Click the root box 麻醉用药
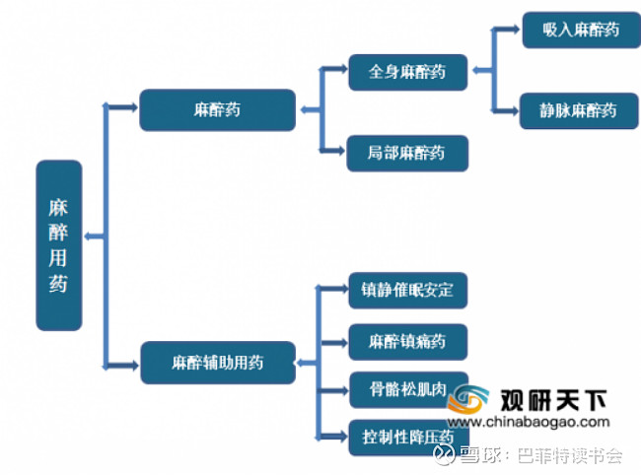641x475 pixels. point(59,245)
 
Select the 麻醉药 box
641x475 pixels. point(218,109)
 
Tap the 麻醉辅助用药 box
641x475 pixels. point(218,363)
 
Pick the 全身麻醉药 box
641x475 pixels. point(408,72)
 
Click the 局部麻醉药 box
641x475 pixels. point(407,153)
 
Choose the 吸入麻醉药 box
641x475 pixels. point(581,30)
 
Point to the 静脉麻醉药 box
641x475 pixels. point(579,110)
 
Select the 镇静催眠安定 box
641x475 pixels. point(408,291)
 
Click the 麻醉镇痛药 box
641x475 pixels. point(408,342)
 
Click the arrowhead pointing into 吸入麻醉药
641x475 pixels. point(514,30)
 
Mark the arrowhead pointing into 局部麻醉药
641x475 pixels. point(339,151)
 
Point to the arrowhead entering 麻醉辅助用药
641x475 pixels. point(133,366)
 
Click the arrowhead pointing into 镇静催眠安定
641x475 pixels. point(342,289)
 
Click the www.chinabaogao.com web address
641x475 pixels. point(529,422)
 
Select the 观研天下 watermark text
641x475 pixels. point(553,400)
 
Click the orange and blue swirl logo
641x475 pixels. point(468,398)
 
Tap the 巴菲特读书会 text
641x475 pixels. point(570,455)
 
